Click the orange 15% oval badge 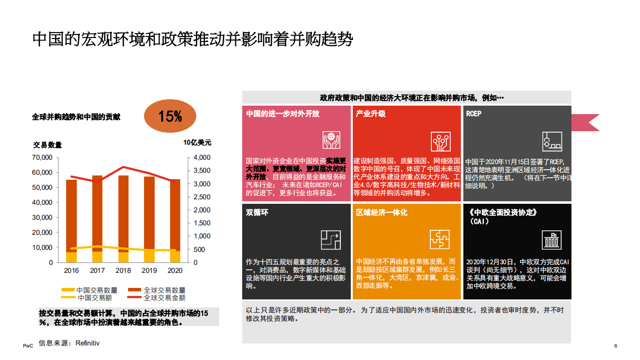tap(170, 117)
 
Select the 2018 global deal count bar tap(123, 210)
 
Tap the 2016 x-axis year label tap(71, 270)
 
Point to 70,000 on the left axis tap(42, 157)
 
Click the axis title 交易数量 tap(48, 145)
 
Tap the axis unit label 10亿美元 tap(197, 143)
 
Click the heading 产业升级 tap(371, 114)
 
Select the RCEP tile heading tap(473, 114)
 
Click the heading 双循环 tap(257, 212)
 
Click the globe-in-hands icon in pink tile tap(331, 140)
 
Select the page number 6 tap(615, 346)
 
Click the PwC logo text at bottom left tap(29, 346)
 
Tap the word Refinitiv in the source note tap(87, 343)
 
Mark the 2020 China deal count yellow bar tap(175, 256)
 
